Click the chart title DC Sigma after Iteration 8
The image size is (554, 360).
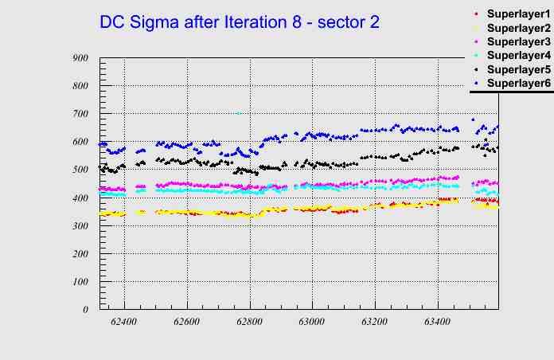(239, 22)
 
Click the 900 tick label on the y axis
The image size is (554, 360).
(80, 57)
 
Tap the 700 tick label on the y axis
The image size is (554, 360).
(80, 114)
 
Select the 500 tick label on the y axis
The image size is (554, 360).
(80, 170)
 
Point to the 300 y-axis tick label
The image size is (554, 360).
(80, 225)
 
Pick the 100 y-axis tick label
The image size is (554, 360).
(80, 281)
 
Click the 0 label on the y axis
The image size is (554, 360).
(85, 309)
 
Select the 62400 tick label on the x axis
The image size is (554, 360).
(124, 322)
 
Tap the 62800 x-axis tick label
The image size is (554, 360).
(249, 322)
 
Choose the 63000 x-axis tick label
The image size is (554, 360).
(311, 322)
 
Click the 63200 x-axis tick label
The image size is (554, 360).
(374, 322)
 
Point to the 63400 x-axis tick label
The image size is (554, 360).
(437, 322)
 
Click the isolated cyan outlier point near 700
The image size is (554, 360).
(238, 113)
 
